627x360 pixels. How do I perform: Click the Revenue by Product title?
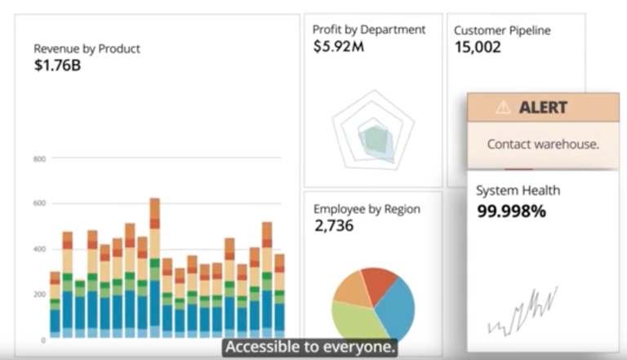[87, 48]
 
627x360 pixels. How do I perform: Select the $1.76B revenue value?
[57, 65]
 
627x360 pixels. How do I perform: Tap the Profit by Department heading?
[369, 29]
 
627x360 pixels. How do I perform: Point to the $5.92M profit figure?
[337, 47]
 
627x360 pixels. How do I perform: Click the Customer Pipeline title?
[502, 30]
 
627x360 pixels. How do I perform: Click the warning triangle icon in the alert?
[503, 107]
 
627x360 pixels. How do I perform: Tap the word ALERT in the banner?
[543, 107]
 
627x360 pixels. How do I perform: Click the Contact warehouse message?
[543, 144]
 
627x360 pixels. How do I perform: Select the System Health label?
[518, 190]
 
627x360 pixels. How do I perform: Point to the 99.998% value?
[511, 211]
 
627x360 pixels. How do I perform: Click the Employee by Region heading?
[367, 209]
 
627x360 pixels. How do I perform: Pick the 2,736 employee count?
[334, 226]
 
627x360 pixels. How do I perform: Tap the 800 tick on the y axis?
[38, 158]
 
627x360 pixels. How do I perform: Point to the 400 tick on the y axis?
[38, 249]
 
